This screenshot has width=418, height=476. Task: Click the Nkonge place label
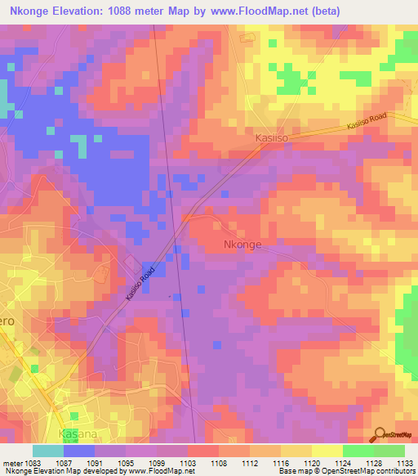[243, 245]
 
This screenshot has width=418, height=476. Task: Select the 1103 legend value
[188, 462]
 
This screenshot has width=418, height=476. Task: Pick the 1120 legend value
[312, 462]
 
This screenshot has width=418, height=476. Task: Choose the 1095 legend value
[126, 462]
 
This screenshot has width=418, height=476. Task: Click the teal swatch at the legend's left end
[48, 451]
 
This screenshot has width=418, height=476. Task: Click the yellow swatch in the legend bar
[327, 451]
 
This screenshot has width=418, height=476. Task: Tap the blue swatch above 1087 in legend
[79, 451]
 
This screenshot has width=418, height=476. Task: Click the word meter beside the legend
[12, 462]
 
